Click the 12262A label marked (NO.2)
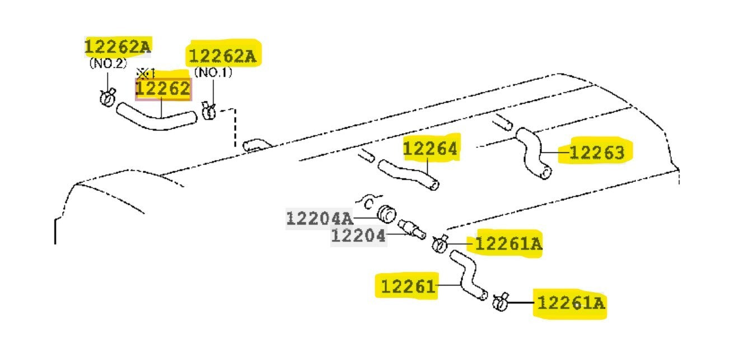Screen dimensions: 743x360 tap(118, 46)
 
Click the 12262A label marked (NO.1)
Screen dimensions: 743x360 tap(222, 55)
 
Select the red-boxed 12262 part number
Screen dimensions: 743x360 tap(163, 88)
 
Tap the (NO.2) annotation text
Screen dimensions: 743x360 tap(108, 63)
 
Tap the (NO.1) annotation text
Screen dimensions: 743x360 tap(213, 72)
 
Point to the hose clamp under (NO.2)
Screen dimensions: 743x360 tap(108, 97)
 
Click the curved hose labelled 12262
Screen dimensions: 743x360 tap(156, 123)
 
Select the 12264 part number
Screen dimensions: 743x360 tap(430, 148)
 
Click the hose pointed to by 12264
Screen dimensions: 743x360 tap(409, 174)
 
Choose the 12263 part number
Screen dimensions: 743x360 tap(597, 153)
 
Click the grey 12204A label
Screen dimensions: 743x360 tap(319, 218)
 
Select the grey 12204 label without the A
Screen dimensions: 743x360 tap(358, 236)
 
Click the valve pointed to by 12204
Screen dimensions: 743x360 tap(412, 229)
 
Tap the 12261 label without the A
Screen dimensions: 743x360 tap(408, 286)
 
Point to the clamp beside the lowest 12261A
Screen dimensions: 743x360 tap(500, 302)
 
